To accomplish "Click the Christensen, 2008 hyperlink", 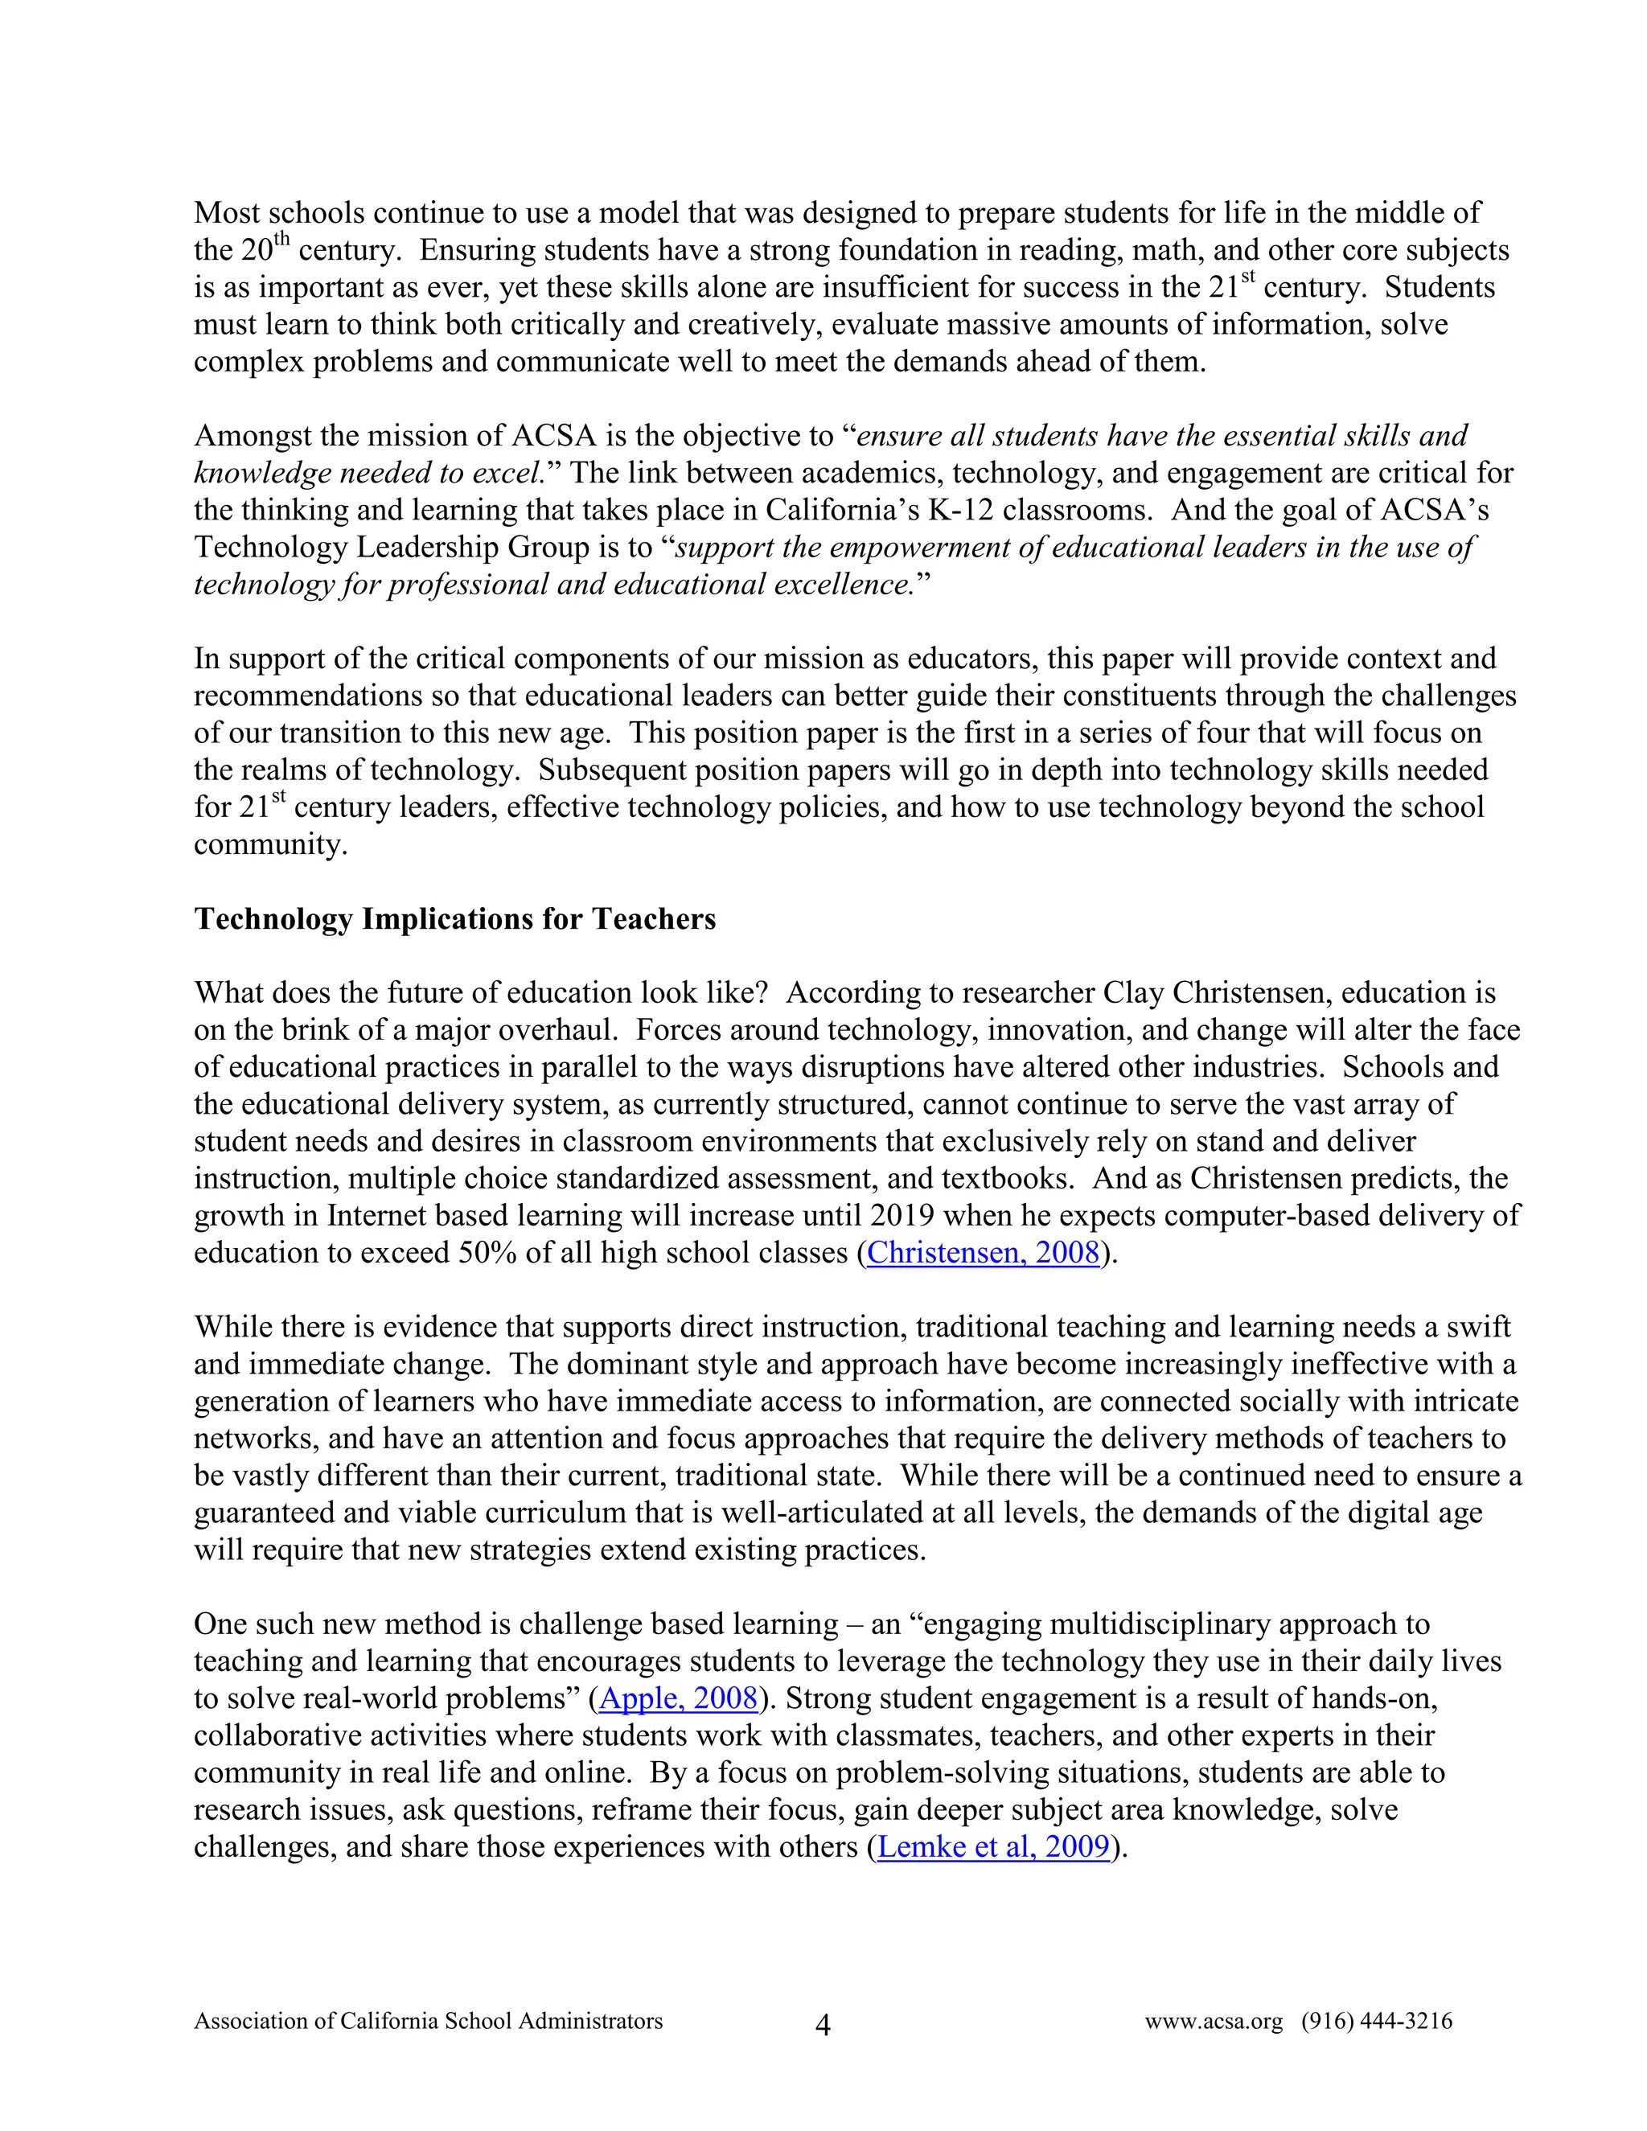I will click(x=984, y=1253).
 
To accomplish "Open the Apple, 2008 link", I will click(x=678, y=1698).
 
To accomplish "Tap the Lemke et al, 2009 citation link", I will click(x=993, y=1847).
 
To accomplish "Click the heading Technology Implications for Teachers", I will click(x=454, y=919).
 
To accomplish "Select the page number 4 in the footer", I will click(x=823, y=2026).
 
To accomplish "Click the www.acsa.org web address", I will click(x=1213, y=2022).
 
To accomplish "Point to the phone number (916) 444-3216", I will click(x=1376, y=2022).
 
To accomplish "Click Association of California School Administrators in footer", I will click(x=429, y=2022).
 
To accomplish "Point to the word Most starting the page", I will click(x=226, y=214).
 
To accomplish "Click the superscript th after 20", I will click(x=282, y=240).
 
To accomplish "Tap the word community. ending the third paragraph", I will click(x=270, y=845).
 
